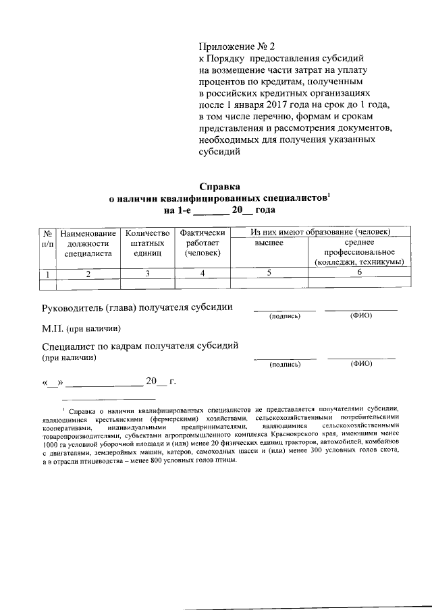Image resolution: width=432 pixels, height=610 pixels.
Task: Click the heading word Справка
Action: pos(220,187)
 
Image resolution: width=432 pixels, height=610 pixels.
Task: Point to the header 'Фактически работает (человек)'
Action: pos(202,243)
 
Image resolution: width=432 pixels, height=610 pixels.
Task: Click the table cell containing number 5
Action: pos(269,272)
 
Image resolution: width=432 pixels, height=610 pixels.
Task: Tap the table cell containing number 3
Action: pos(146,273)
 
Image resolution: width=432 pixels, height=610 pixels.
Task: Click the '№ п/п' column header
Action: pos(48,237)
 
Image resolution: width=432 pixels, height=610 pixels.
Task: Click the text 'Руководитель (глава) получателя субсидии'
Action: pos(138,307)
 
